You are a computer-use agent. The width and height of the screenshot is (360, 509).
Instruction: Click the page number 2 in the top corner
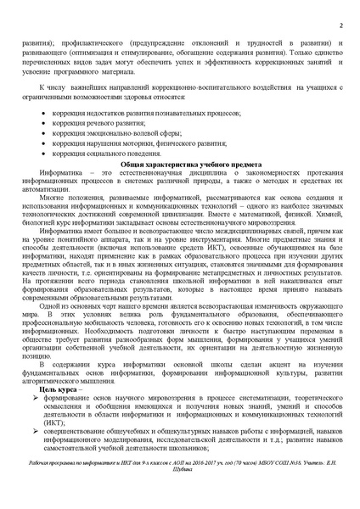(340, 25)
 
